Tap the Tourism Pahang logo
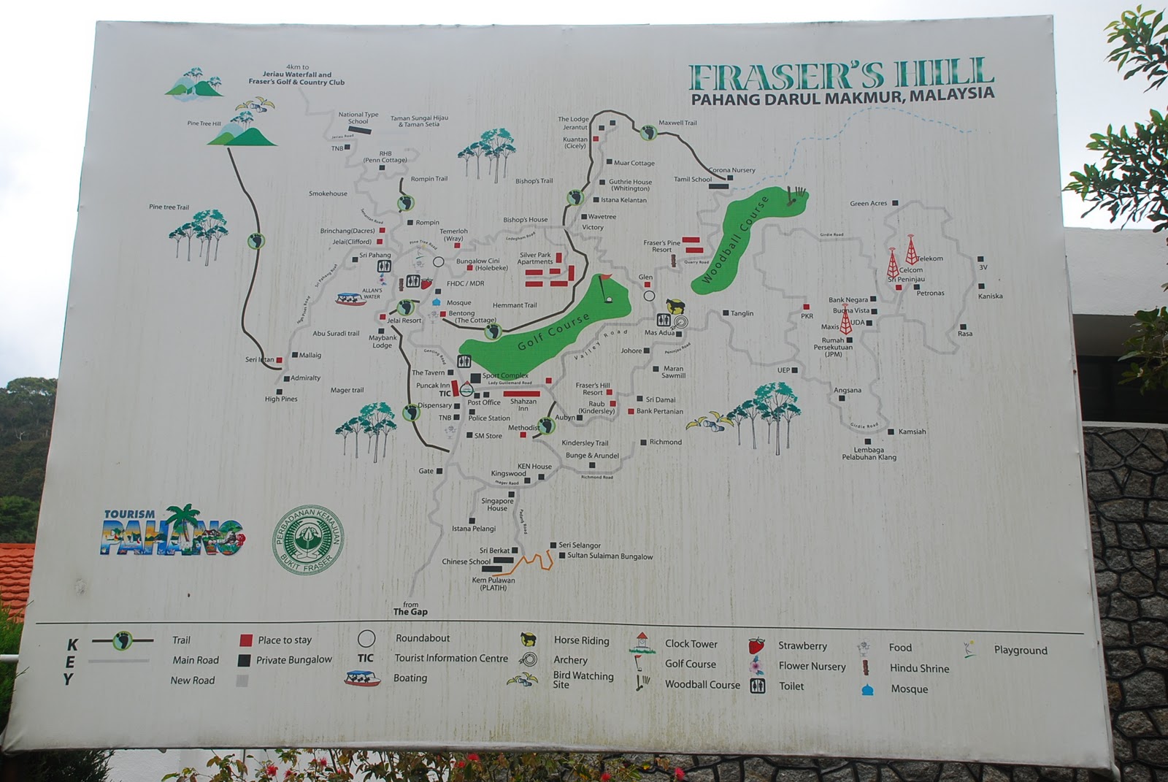point(172,531)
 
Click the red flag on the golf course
point(606,278)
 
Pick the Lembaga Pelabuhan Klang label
point(869,453)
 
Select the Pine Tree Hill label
point(204,123)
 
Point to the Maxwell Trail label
point(677,123)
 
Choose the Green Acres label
point(868,203)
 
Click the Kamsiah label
point(912,432)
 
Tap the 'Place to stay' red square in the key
point(246,640)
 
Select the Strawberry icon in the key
point(756,645)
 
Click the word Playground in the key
point(1020,650)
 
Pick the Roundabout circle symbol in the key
point(366,638)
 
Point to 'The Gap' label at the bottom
point(410,612)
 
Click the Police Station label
point(489,418)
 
